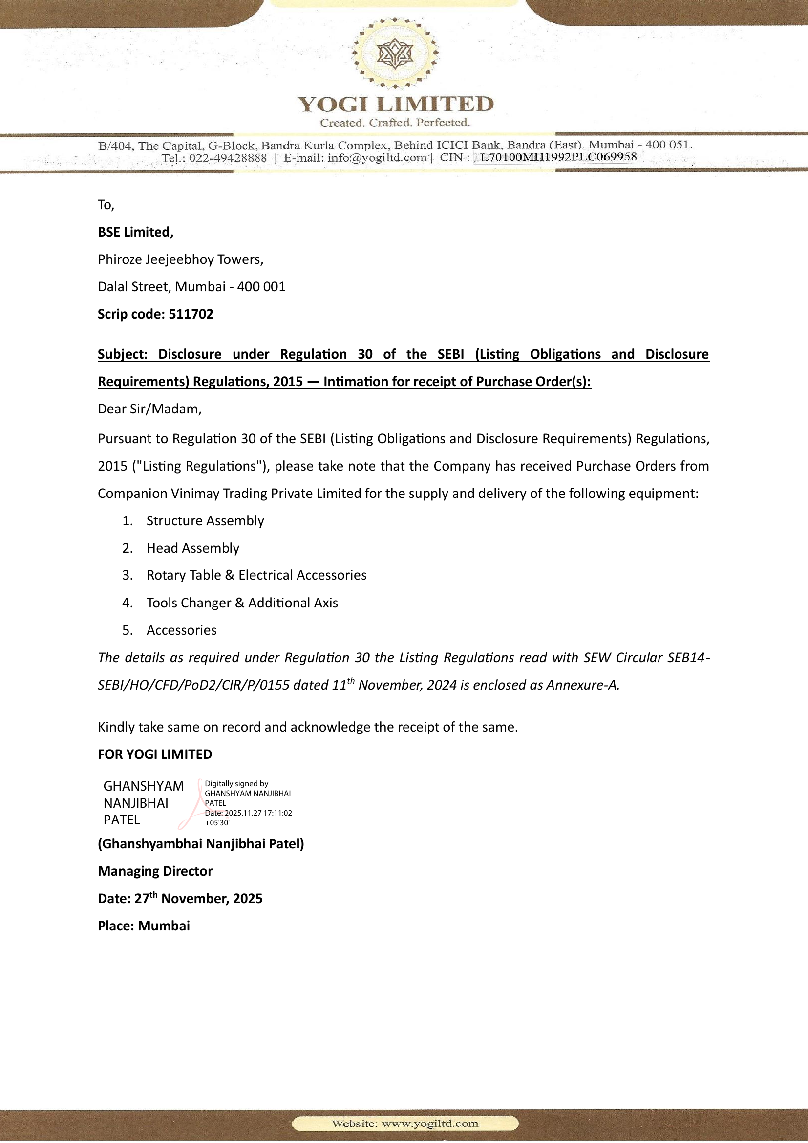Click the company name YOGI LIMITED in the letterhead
pyautogui.click(x=396, y=104)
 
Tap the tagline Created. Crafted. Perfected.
pyautogui.click(x=395, y=123)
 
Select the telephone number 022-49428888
pyautogui.click(x=227, y=158)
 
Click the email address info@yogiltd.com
pyautogui.click(x=377, y=158)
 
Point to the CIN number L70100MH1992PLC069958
pyautogui.click(x=558, y=157)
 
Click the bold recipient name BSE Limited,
pyautogui.click(x=135, y=232)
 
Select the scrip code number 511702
pyautogui.click(x=191, y=314)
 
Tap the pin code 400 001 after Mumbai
pyautogui.click(x=261, y=287)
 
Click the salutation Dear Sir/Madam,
pyautogui.click(x=149, y=409)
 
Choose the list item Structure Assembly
pyautogui.click(x=205, y=521)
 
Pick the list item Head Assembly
pyautogui.click(x=192, y=548)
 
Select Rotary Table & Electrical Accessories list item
pyautogui.click(x=256, y=575)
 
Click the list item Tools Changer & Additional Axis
pyautogui.click(x=242, y=603)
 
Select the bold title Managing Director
pyautogui.click(x=155, y=871)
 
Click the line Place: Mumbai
pyautogui.click(x=144, y=926)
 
